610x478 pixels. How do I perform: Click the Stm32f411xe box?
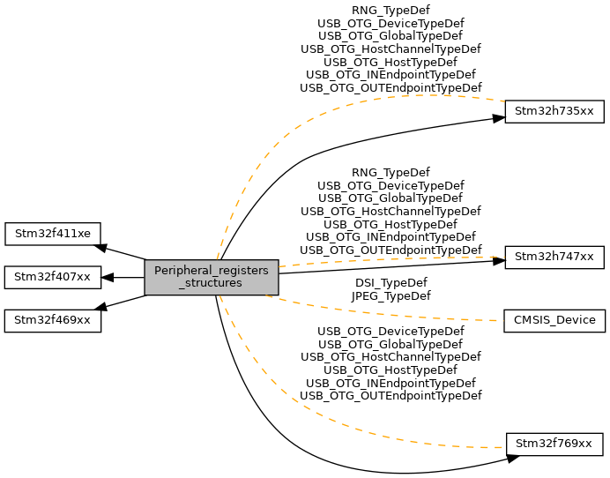tap(53, 235)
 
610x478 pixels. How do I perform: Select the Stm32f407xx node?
tap(53, 278)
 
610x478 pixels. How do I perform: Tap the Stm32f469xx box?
tap(53, 320)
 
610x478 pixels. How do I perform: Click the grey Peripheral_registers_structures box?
tap(212, 278)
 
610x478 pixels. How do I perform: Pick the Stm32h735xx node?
tap(554, 112)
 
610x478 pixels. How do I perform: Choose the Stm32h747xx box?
tap(554, 258)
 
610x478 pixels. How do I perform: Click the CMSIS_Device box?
tap(554, 320)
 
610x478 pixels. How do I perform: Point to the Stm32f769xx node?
tap(554, 443)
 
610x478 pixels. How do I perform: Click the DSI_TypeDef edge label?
tap(391, 283)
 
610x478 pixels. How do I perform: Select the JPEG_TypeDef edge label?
tap(391, 296)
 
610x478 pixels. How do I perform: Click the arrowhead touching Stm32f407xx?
tap(108, 278)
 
